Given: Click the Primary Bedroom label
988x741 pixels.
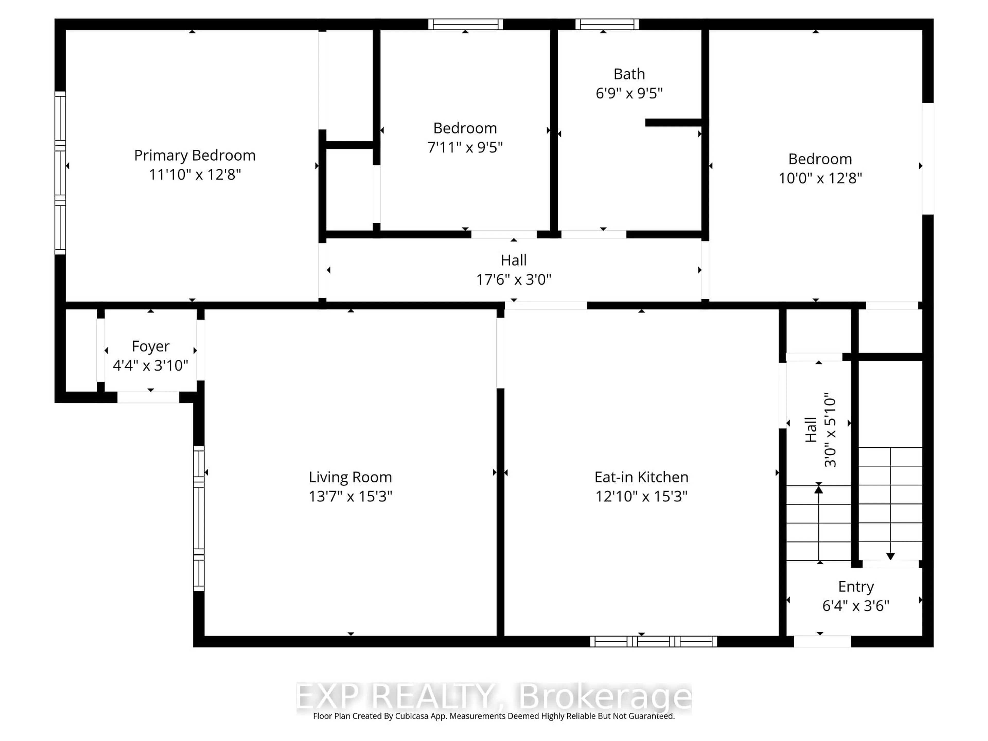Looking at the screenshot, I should coord(195,155).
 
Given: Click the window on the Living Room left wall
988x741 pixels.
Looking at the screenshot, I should coord(199,518).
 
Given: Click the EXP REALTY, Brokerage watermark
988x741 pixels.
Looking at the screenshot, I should coord(493,696).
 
